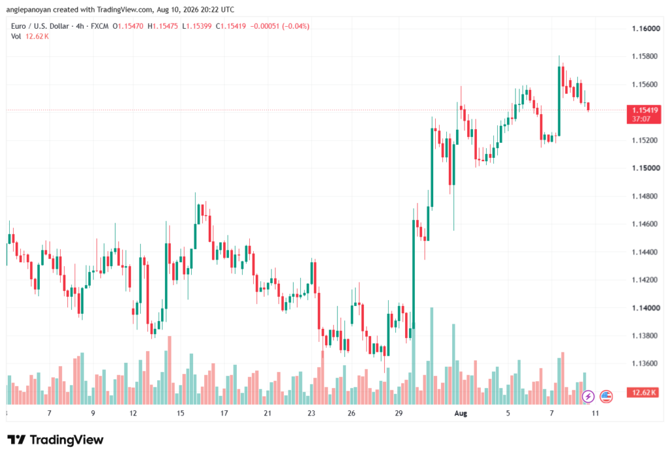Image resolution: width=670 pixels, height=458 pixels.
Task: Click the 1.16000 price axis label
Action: [x=646, y=29]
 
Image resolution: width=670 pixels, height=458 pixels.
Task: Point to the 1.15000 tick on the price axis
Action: [x=646, y=168]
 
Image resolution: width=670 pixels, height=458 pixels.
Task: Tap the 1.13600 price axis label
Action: [x=646, y=364]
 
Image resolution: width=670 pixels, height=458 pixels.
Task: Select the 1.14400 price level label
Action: [x=646, y=252]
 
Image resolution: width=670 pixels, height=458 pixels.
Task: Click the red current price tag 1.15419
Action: [x=644, y=114]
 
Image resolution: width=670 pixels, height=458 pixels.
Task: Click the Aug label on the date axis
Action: [x=461, y=413]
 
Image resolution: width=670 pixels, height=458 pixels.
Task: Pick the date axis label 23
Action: [x=311, y=413]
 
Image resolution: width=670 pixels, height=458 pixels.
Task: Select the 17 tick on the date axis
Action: [x=224, y=413]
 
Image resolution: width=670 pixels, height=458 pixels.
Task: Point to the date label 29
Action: [x=398, y=413]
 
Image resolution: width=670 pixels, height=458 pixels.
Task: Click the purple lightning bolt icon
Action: [x=588, y=396]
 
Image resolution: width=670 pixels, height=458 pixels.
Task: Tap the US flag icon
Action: [x=606, y=396]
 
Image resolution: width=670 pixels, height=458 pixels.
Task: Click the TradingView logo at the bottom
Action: [x=56, y=440]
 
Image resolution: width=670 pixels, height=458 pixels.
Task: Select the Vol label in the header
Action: [x=16, y=37]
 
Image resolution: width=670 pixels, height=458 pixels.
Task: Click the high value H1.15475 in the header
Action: [x=163, y=26]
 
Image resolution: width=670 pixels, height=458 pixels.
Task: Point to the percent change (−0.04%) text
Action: [x=295, y=26]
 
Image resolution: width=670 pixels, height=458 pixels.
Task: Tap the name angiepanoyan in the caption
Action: [x=28, y=9]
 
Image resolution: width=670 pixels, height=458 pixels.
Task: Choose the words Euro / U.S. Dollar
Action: [x=40, y=26]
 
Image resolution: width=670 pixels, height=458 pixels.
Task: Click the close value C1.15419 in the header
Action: [x=231, y=26]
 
